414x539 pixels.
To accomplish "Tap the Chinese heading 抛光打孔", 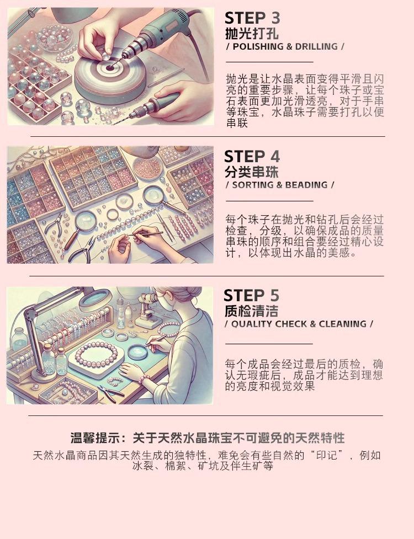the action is click(252, 34).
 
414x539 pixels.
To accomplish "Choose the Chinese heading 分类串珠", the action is click(251, 172).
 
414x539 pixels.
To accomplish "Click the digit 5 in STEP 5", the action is click(274, 295).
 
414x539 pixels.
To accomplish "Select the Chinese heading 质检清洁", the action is click(251, 311).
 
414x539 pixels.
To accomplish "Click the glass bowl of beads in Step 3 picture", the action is click(54, 36).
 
